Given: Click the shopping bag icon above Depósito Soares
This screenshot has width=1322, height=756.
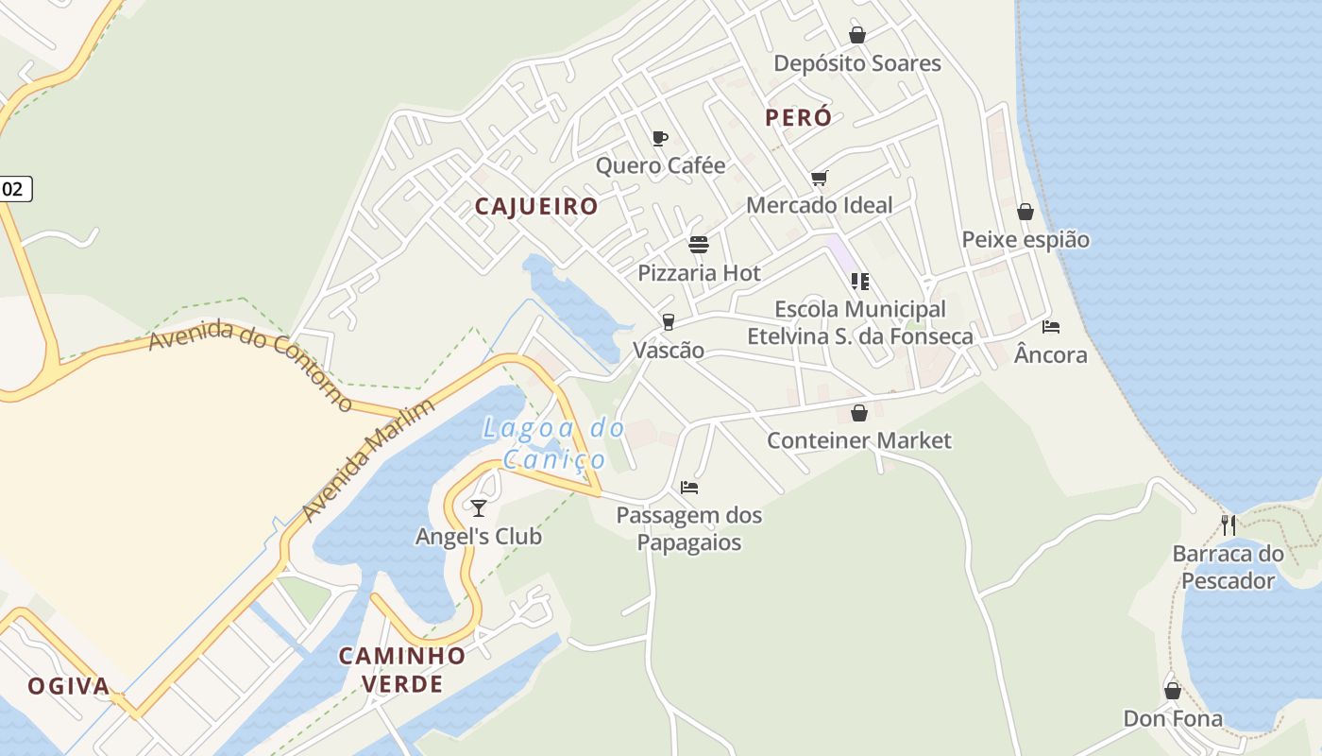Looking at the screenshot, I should [857, 35].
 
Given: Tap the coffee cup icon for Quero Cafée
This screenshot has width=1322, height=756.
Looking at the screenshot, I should [660, 138].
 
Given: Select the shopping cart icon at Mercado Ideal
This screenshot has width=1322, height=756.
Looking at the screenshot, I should [819, 178].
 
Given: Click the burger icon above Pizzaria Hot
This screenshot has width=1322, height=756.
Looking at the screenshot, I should [699, 246].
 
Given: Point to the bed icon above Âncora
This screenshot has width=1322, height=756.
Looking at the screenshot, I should [1051, 327].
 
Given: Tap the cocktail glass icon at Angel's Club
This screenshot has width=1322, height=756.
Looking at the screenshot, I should [479, 508].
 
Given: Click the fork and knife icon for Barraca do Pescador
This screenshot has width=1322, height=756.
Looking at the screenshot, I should [1229, 525].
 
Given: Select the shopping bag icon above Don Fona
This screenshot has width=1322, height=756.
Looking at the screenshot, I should [1173, 691].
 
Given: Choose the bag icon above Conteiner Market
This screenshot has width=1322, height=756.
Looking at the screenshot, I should [859, 413].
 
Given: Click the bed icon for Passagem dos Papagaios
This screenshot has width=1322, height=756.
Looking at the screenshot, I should [689, 488].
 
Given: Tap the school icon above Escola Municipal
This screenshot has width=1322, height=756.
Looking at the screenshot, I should [859, 281].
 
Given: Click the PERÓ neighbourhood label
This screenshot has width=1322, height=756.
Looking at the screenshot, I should [799, 118].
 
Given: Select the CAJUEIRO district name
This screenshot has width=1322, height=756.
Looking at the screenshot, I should [536, 207].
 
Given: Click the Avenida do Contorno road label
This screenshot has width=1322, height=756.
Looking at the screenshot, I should [251, 365].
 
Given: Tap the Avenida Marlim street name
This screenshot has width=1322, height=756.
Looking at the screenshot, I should [368, 460].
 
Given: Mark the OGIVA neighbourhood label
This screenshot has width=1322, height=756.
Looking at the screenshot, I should [69, 686].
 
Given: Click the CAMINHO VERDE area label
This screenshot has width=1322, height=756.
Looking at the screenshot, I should [402, 669].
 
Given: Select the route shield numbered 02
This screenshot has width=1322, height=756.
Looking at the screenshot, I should [13, 189].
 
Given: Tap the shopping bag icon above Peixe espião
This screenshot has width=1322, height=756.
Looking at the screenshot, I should [1025, 212].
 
